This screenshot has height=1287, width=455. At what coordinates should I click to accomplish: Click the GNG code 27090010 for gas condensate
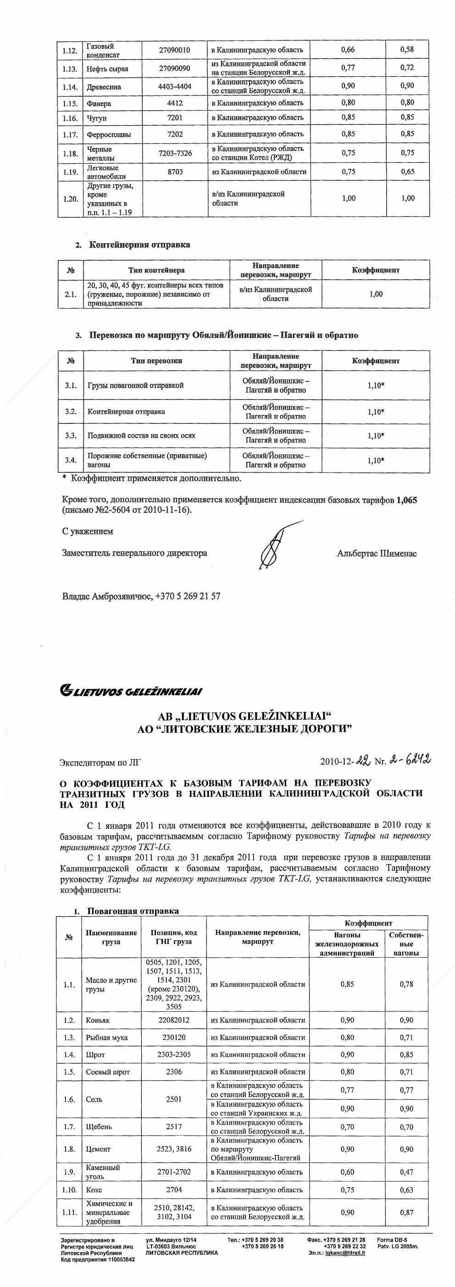click(x=174, y=50)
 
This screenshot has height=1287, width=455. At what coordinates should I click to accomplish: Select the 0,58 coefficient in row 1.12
click(x=407, y=50)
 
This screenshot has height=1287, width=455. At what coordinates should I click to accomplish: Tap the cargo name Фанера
click(x=99, y=103)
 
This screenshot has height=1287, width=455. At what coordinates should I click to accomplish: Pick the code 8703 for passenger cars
click(x=175, y=172)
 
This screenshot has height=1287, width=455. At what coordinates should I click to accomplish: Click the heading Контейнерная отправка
click(x=139, y=245)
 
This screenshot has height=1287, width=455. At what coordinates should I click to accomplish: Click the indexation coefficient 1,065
click(x=406, y=500)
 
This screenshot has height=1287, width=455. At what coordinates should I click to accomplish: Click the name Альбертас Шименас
click(x=377, y=554)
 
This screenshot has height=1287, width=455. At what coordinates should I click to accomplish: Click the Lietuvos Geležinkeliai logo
click(x=131, y=692)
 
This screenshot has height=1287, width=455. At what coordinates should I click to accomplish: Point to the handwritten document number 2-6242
click(x=410, y=760)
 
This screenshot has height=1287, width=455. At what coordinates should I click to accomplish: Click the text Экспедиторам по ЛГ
click(x=100, y=762)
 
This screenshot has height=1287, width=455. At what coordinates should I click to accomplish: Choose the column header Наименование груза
click(x=111, y=938)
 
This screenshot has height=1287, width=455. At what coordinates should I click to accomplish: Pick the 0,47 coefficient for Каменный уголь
click(x=406, y=1171)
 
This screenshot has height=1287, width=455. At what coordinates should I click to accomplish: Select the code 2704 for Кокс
click(x=174, y=1190)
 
